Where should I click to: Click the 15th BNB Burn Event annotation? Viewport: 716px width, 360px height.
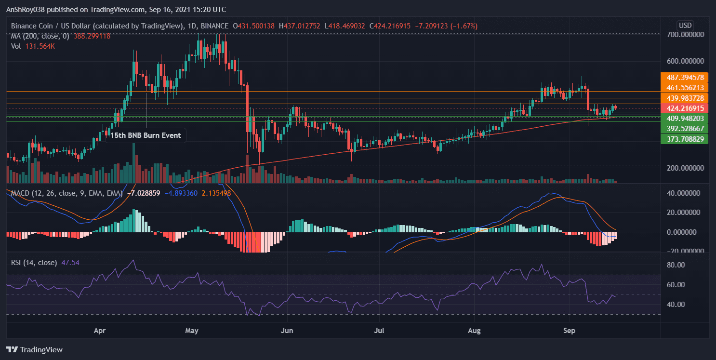[x=146, y=135]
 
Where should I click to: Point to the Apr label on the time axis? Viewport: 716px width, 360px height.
[x=100, y=331]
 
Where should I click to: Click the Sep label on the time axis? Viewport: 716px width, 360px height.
[x=570, y=331]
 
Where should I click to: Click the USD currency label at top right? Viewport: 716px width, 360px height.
[x=685, y=25]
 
